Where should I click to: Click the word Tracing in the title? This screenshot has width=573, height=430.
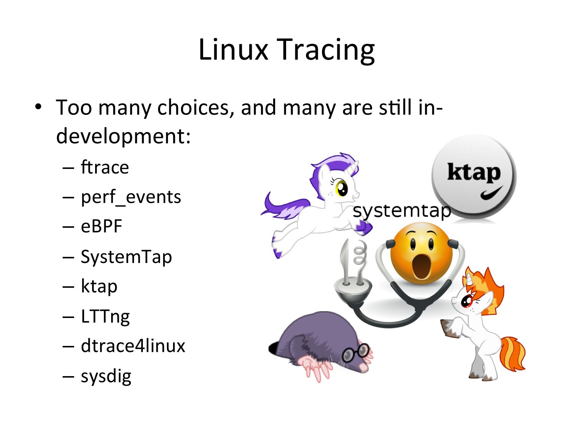(328, 50)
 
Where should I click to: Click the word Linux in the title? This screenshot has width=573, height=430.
(233, 49)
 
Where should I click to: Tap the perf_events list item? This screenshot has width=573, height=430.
(131, 197)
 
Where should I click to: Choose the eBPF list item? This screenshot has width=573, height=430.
(101, 226)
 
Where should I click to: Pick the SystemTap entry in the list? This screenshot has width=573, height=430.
(126, 257)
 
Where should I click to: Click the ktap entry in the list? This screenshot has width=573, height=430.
(99, 286)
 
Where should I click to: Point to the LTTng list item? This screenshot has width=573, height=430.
(105, 316)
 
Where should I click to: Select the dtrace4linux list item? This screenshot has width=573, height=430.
(133, 346)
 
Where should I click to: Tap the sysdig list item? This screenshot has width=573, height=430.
(106, 376)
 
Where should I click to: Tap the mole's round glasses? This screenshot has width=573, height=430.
(356, 352)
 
